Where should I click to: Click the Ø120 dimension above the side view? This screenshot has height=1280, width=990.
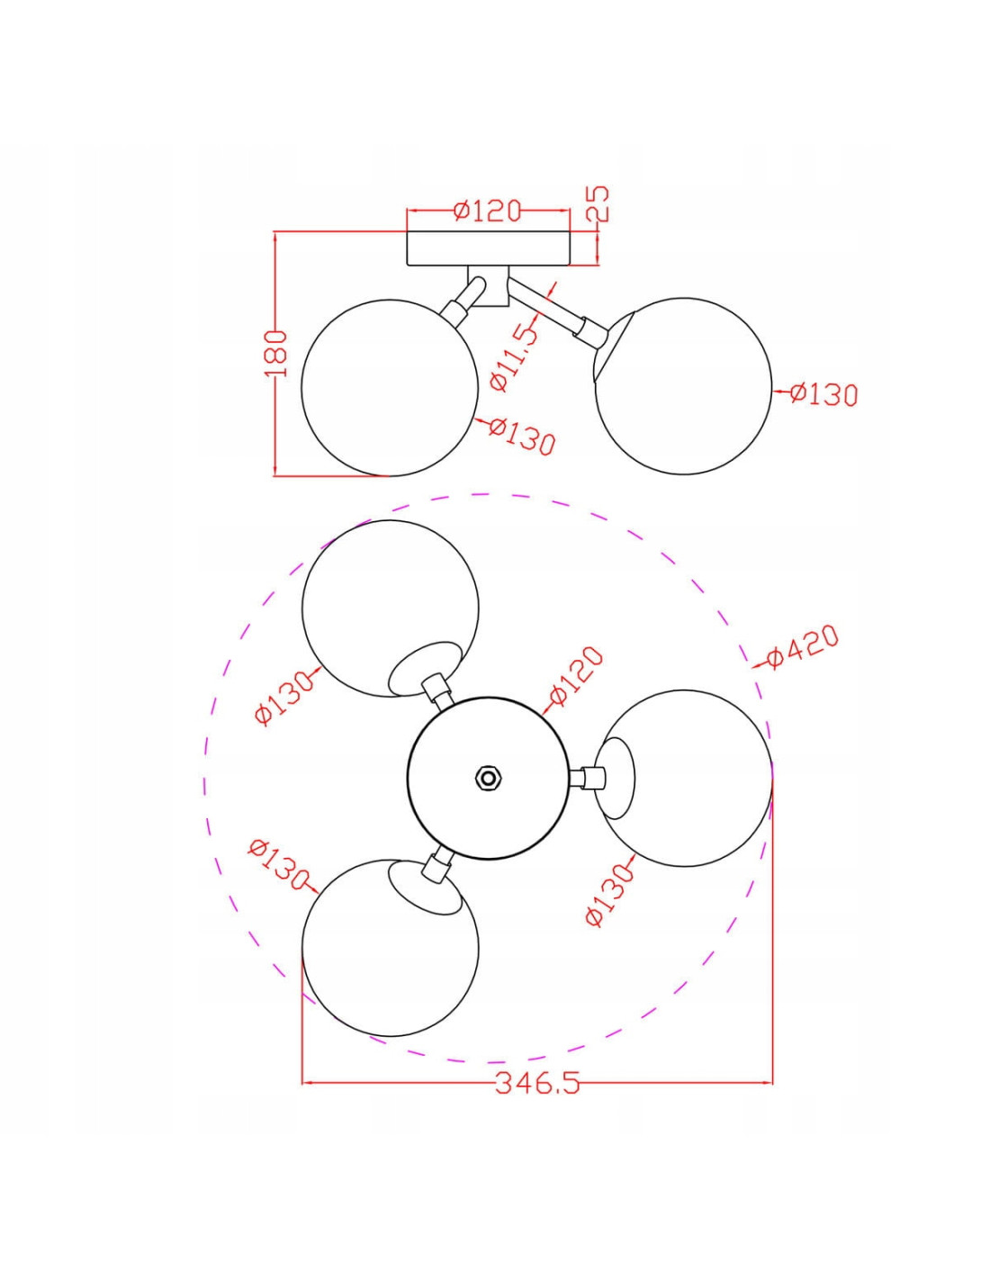487,211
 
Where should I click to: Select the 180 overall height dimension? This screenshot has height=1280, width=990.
275,354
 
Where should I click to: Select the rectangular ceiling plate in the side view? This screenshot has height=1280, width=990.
488,248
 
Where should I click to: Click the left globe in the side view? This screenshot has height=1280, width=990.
390,387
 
